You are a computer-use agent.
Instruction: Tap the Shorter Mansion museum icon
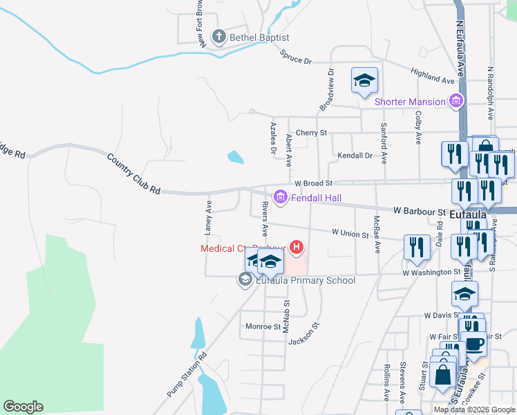tap(455, 102)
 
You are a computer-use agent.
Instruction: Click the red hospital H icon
tap(297, 247)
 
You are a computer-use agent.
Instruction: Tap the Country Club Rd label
tap(133, 173)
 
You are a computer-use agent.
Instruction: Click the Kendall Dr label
tap(355, 156)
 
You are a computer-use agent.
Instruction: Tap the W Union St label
tap(350, 233)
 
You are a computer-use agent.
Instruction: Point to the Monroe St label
tap(262, 326)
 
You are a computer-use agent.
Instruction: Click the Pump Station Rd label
tap(187, 376)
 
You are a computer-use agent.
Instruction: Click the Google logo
tap(23, 407)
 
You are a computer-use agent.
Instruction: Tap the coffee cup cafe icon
tap(473, 344)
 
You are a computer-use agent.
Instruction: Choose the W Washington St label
tap(431, 273)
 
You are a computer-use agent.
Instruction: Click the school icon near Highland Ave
tap(364, 80)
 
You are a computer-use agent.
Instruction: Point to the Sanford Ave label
tap(383, 143)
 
